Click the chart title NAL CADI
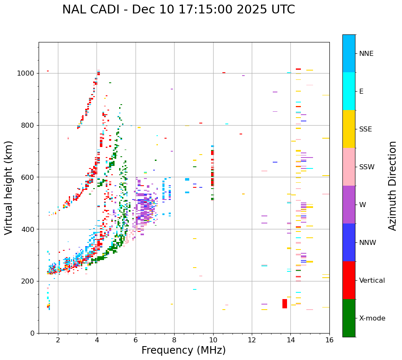pyautogui.click(x=178, y=10)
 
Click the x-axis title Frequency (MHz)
pyautogui.click(x=183, y=350)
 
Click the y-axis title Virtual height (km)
pyautogui.click(x=9, y=188)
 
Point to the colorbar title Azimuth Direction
pyautogui.click(x=392, y=186)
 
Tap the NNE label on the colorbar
pyautogui.click(x=366, y=54)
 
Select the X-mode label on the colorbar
pyautogui.click(x=372, y=318)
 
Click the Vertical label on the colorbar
pyautogui.click(x=372, y=281)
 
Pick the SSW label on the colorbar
pyautogui.click(x=367, y=167)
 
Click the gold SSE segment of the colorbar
pyautogui.click(x=349, y=129)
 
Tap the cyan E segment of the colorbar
pyautogui.click(x=349, y=91)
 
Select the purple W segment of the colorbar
pyautogui.click(x=349, y=205)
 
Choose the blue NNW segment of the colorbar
pyautogui.click(x=349, y=242)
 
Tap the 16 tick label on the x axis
pyautogui.click(x=329, y=340)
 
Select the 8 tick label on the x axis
pyautogui.click(x=174, y=340)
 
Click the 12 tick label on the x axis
pyautogui.click(x=252, y=340)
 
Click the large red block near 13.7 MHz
pyautogui.click(x=285, y=303)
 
